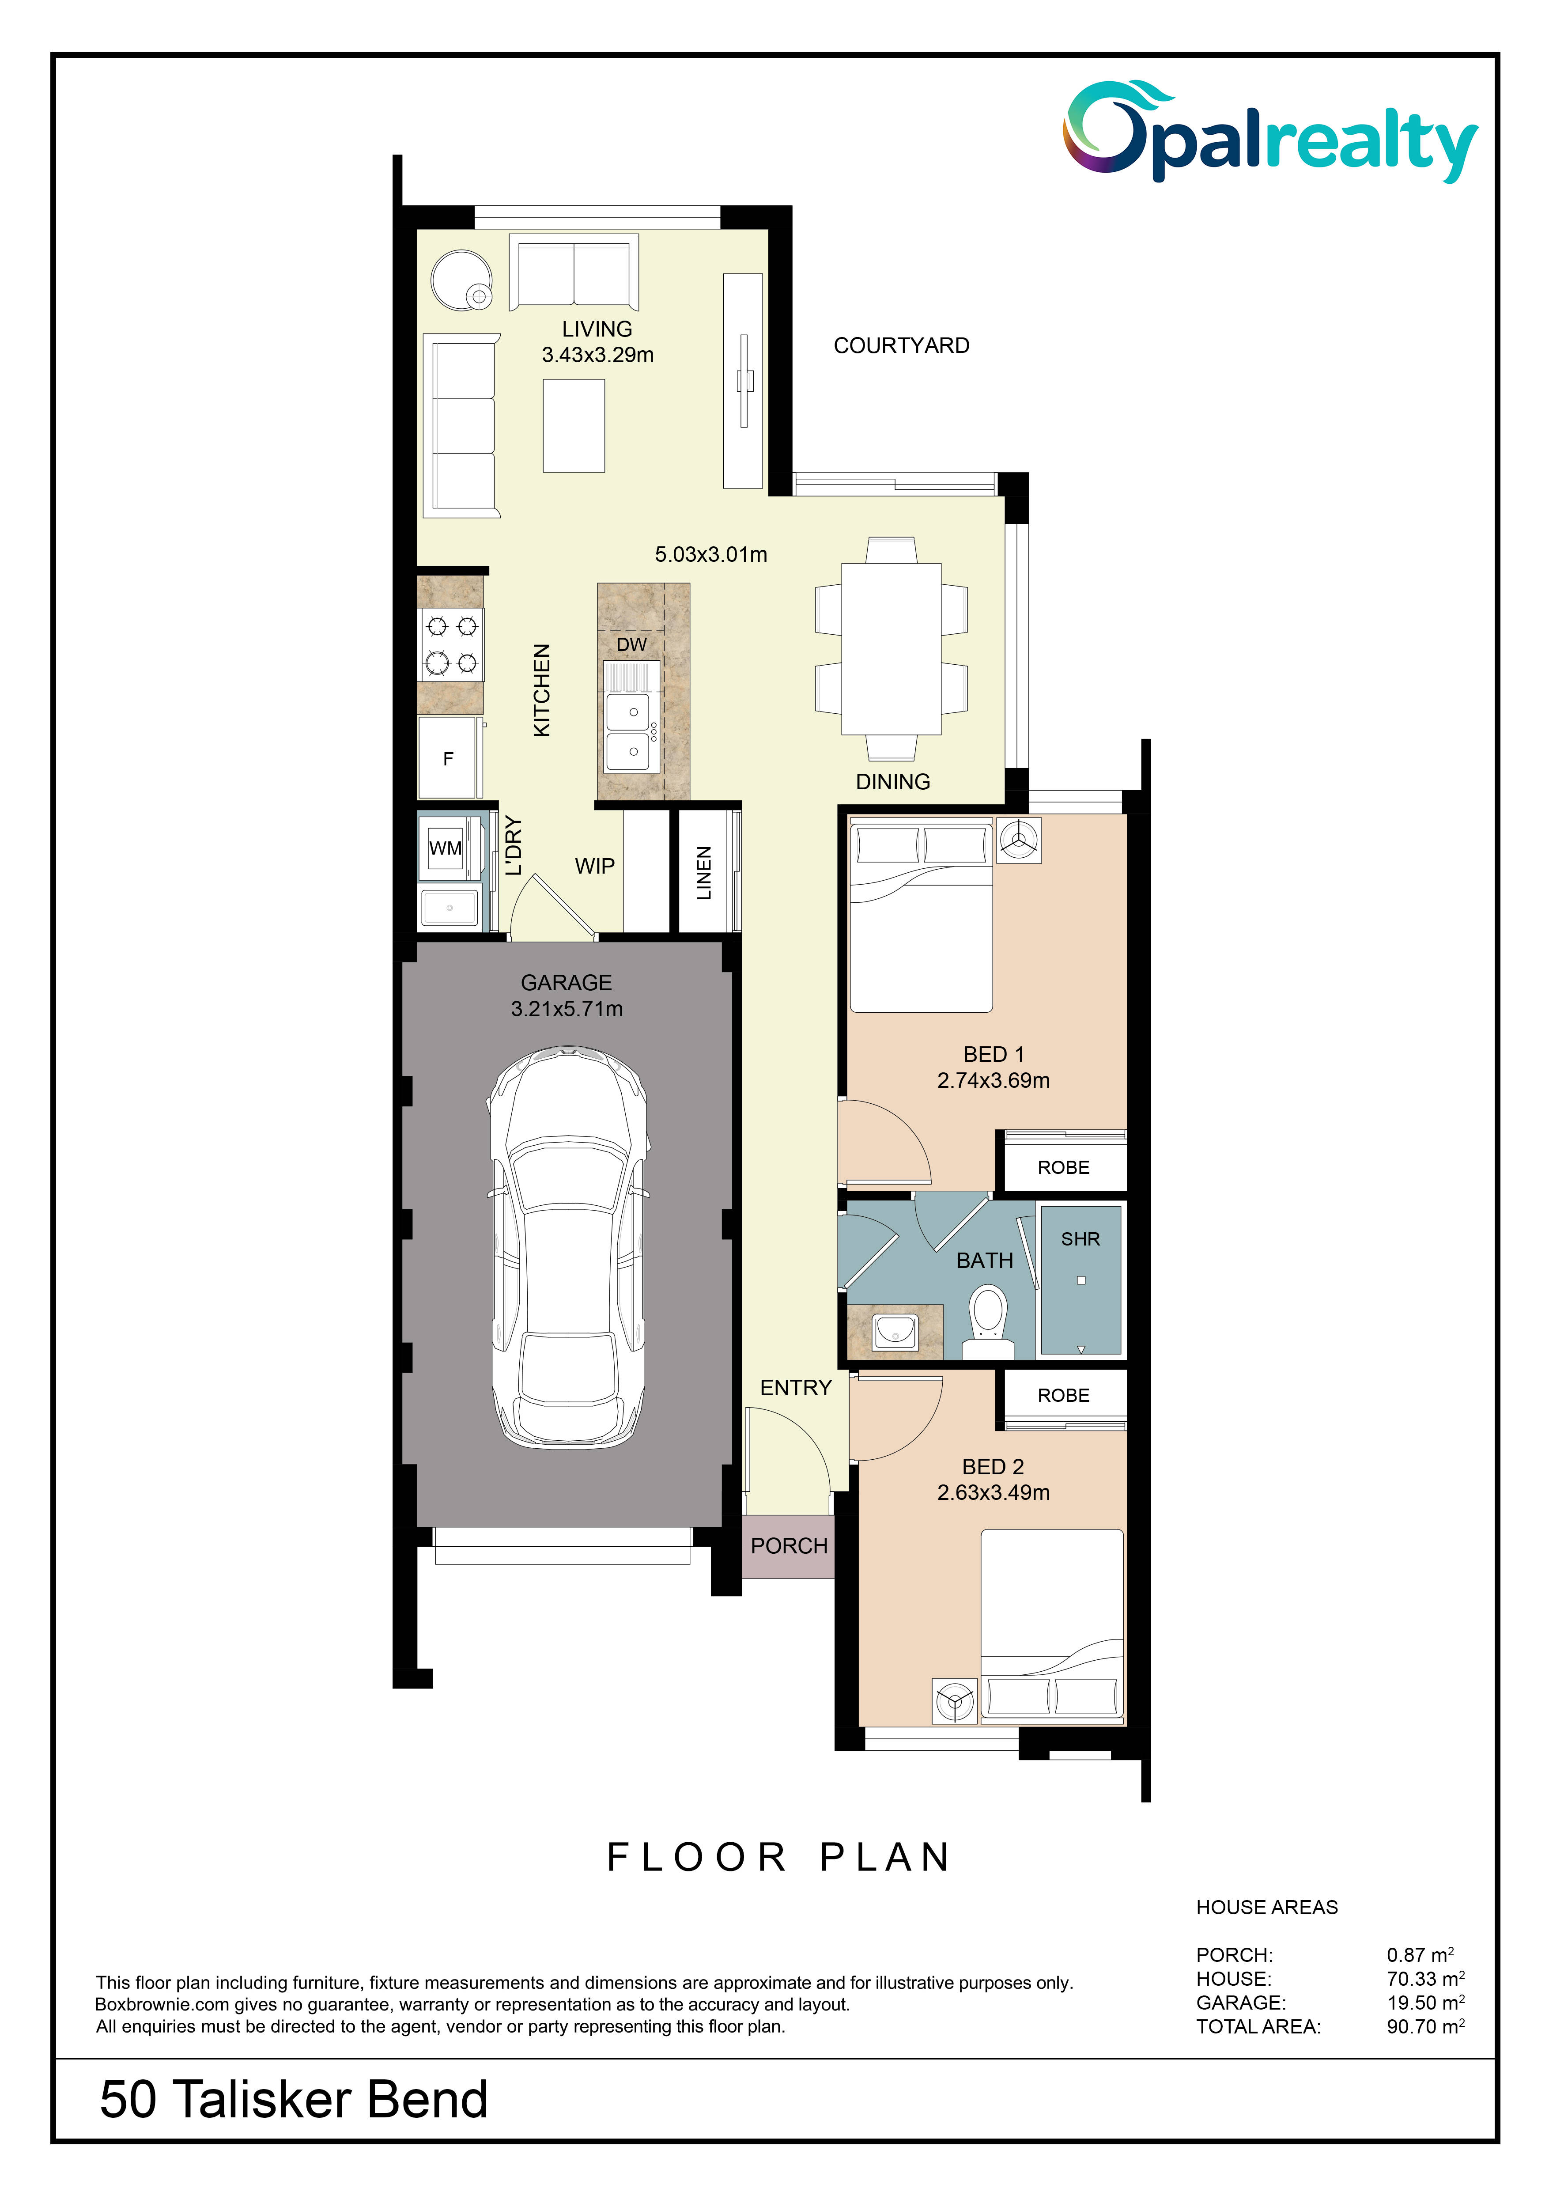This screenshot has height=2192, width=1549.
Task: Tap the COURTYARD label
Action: pos(901,345)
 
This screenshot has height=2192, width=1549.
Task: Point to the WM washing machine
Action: pos(446,848)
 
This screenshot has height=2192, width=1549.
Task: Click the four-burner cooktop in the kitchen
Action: pos(451,644)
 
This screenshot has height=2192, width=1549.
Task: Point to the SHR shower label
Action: pos(1081,1239)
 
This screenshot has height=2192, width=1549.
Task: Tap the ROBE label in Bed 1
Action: pos(1063,1168)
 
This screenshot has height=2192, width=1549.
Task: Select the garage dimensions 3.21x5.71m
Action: pos(567,1009)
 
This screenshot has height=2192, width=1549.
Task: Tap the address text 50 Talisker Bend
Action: pos(294,2099)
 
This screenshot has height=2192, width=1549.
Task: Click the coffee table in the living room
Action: pos(574,426)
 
